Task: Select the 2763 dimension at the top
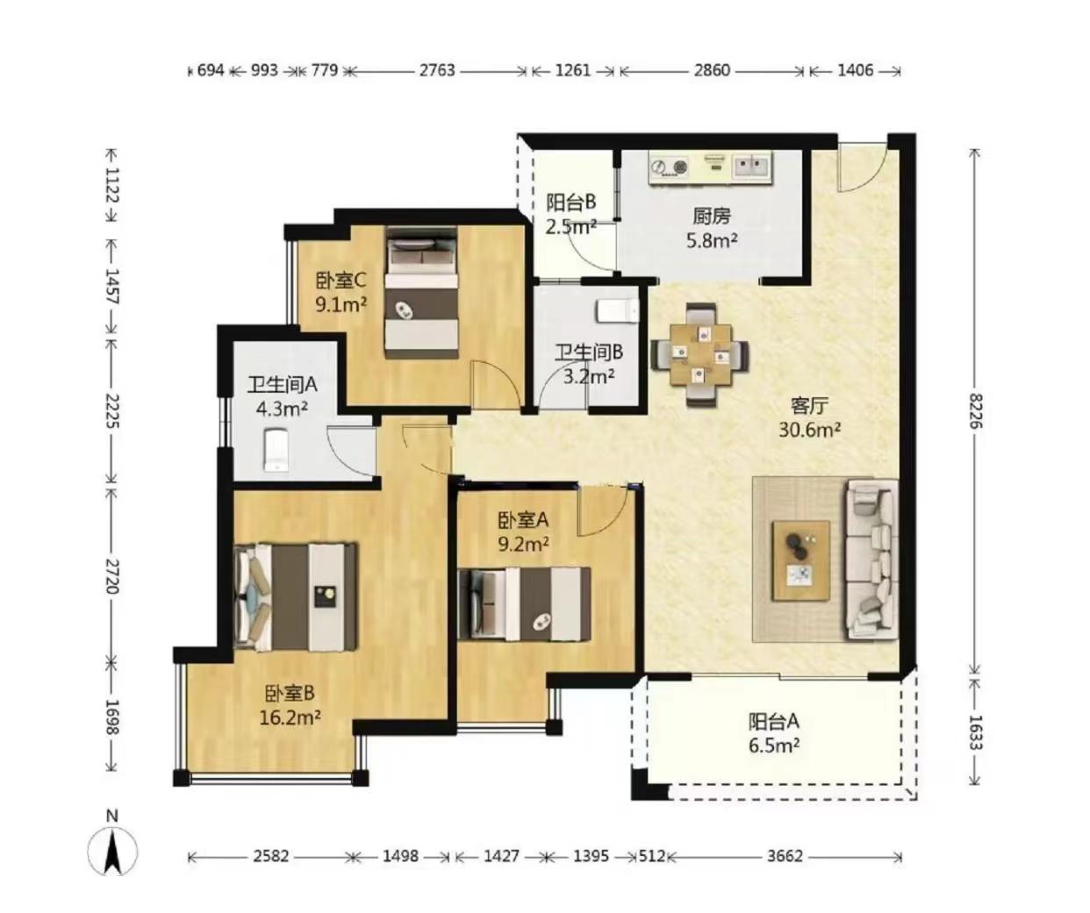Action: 437,70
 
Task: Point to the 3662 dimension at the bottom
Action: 785,856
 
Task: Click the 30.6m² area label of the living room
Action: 810,430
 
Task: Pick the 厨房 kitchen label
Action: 712,216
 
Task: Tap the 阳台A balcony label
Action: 774,722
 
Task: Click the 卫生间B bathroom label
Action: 588,353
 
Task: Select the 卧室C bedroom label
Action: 341,281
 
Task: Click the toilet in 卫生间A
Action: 276,450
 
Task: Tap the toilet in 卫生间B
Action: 618,311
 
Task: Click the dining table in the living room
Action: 700,355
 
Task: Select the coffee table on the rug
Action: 801,560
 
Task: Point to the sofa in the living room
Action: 871,560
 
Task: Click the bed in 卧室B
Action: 296,597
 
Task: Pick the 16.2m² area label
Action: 290,718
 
